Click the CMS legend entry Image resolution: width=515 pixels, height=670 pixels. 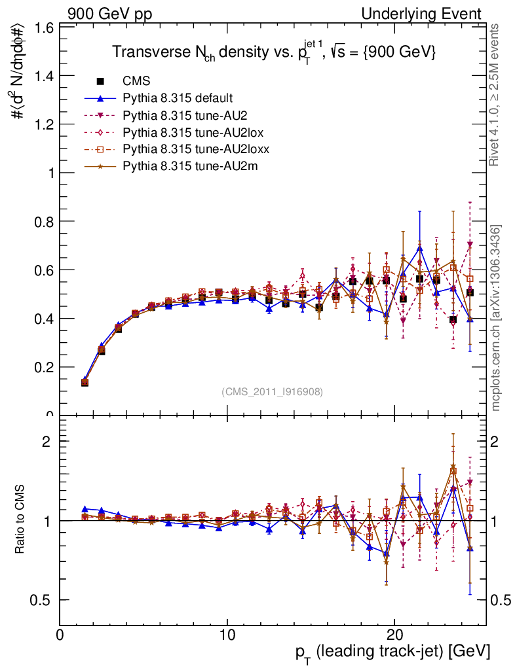pyautogui.click(x=136, y=82)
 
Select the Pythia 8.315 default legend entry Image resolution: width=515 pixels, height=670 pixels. pyautogui.click(x=177, y=99)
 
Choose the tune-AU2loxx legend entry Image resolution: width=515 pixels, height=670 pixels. pyautogui.click(x=190, y=150)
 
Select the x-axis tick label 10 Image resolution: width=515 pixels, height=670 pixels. pyautogui.click(x=227, y=635)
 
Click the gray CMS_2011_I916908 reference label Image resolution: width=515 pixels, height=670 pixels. pyautogui.click(x=272, y=392)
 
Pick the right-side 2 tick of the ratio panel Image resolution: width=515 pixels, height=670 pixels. pyautogui.click(x=497, y=442)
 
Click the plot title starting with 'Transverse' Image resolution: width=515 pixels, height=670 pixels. pyautogui.click(x=274, y=52)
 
